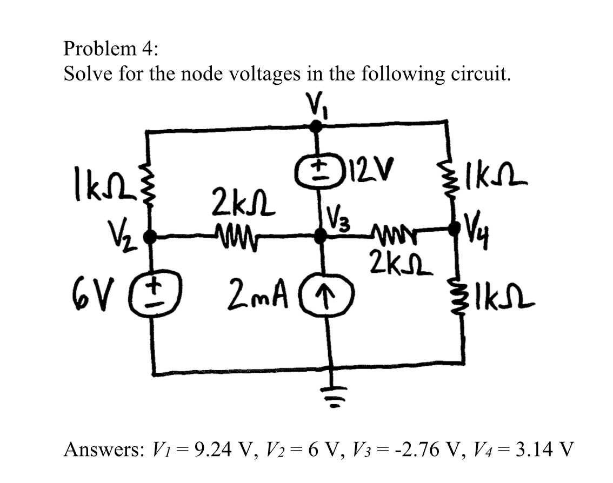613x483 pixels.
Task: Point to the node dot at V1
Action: pyautogui.click(x=318, y=126)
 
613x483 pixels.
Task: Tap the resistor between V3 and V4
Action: pyautogui.click(x=385, y=233)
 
